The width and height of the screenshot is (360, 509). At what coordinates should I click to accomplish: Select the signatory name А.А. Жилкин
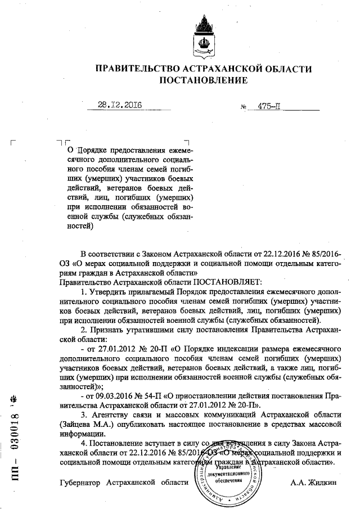point(313,483)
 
